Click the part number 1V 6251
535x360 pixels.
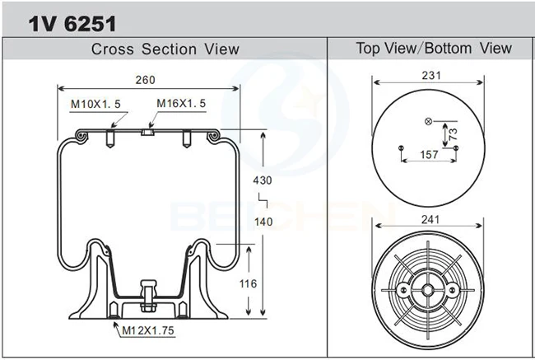click(x=72, y=24)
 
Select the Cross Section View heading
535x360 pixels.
click(x=165, y=49)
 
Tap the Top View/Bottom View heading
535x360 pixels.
click(x=434, y=48)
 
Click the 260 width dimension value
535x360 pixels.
click(x=146, y=80)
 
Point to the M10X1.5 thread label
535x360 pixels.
click(x=95, y=104)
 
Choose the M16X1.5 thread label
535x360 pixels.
click(x=181, y=103)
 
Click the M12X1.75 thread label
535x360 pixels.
click(x=148, y=330)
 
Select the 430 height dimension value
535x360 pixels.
click(x=263, y=180)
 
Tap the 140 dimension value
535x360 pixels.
click(x=263, y=222)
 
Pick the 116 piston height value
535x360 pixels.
click(x=248, y=283)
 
